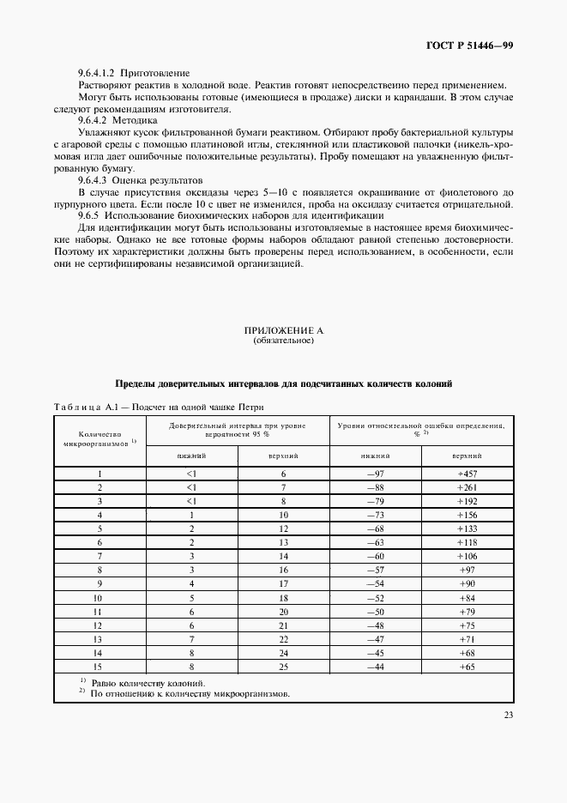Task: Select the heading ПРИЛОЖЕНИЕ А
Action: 283,330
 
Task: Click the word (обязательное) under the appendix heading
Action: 283,341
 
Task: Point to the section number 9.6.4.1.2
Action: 98,72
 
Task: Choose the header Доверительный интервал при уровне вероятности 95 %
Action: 236,429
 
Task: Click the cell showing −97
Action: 374,474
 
